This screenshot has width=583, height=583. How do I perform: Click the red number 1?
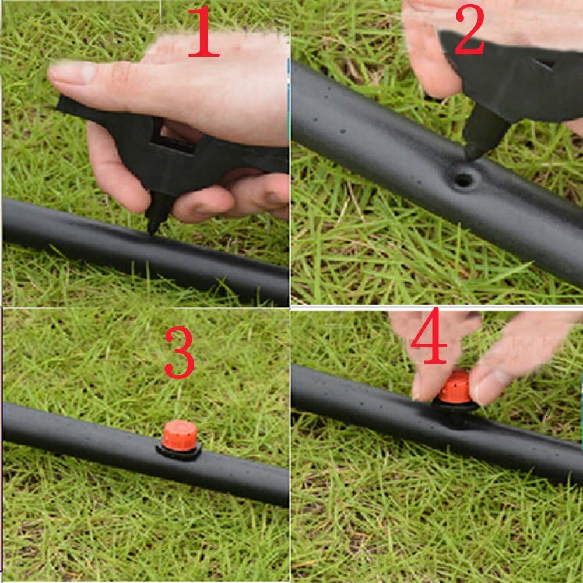(203, 31)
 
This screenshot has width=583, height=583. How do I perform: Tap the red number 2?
(469, 29)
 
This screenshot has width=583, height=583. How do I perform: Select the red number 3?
(180, 353)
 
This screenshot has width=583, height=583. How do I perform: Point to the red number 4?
(429, 337)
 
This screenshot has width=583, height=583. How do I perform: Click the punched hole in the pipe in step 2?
(463, 180)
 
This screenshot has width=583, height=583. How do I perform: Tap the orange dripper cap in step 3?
(180, 436)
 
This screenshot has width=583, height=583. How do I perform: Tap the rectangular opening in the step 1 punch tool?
(174, 138)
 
